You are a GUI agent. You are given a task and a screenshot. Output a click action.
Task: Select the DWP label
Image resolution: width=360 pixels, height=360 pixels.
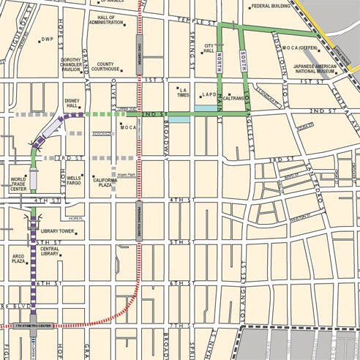pos(48,40)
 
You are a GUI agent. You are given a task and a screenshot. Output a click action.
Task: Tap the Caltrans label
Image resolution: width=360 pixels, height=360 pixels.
pos(233,96)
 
